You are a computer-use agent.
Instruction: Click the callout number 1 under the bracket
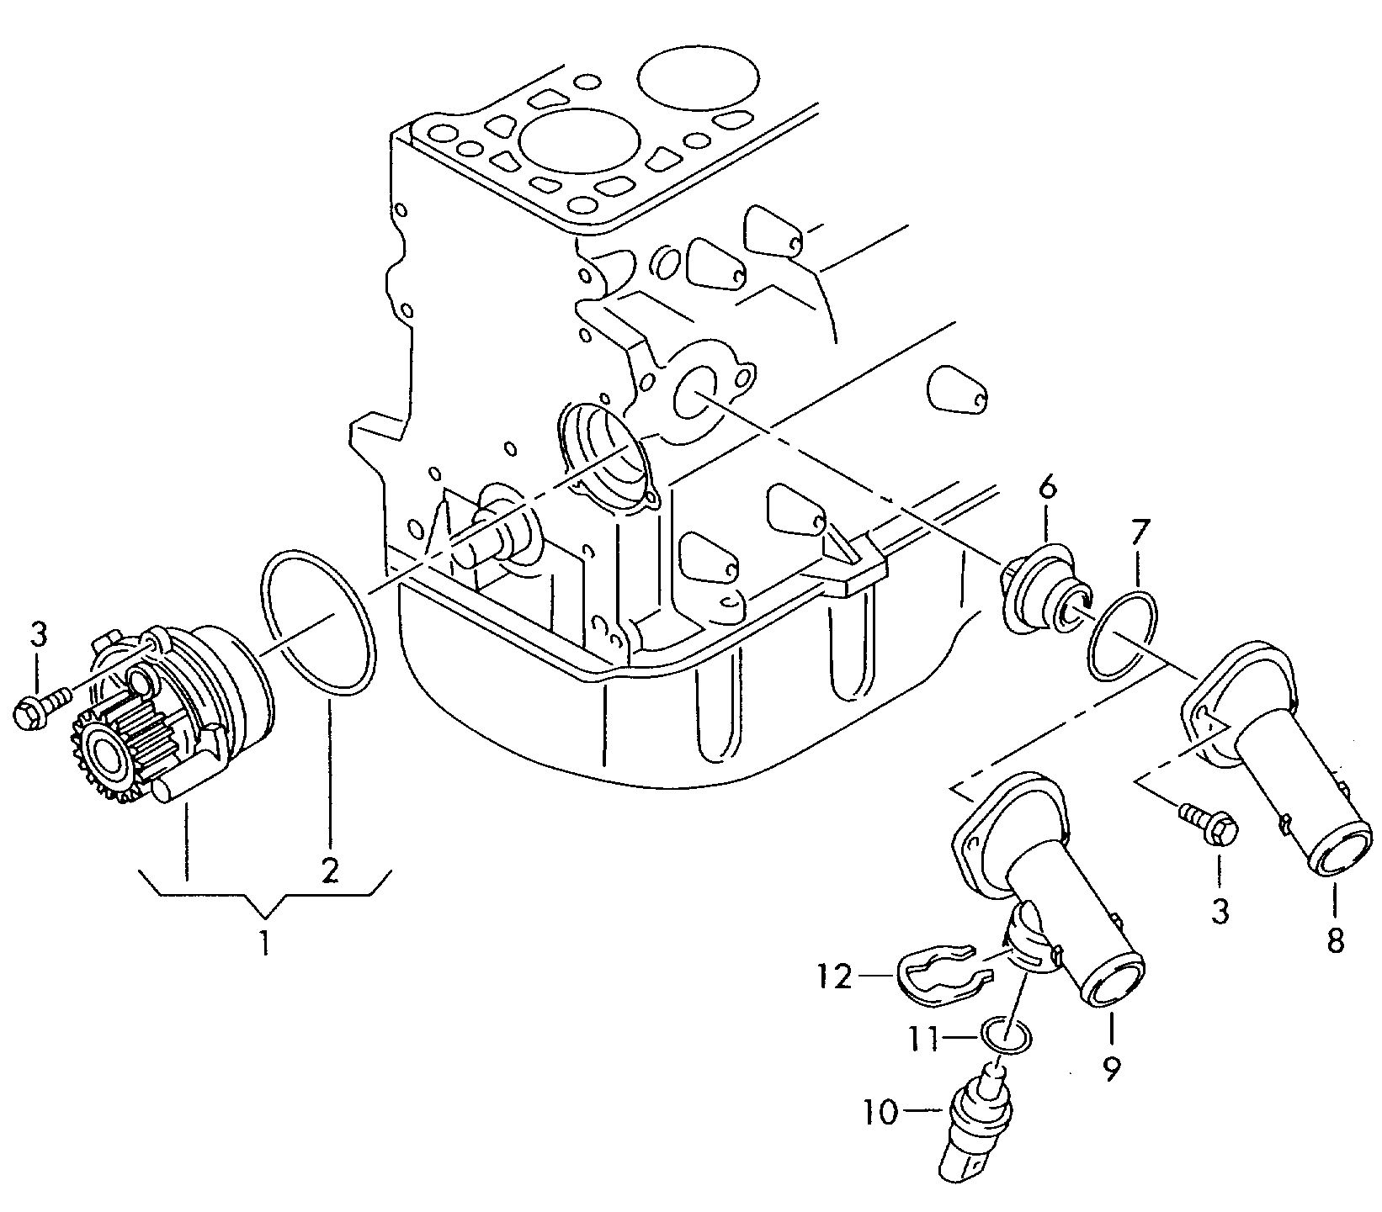(264, 943)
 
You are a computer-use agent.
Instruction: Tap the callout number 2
(329, 870)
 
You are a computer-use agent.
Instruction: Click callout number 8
(1336, 939)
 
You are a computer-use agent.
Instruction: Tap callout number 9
(1112, 1066)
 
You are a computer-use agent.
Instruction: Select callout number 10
(880, 1113)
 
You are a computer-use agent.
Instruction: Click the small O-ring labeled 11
(1007, 1035)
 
